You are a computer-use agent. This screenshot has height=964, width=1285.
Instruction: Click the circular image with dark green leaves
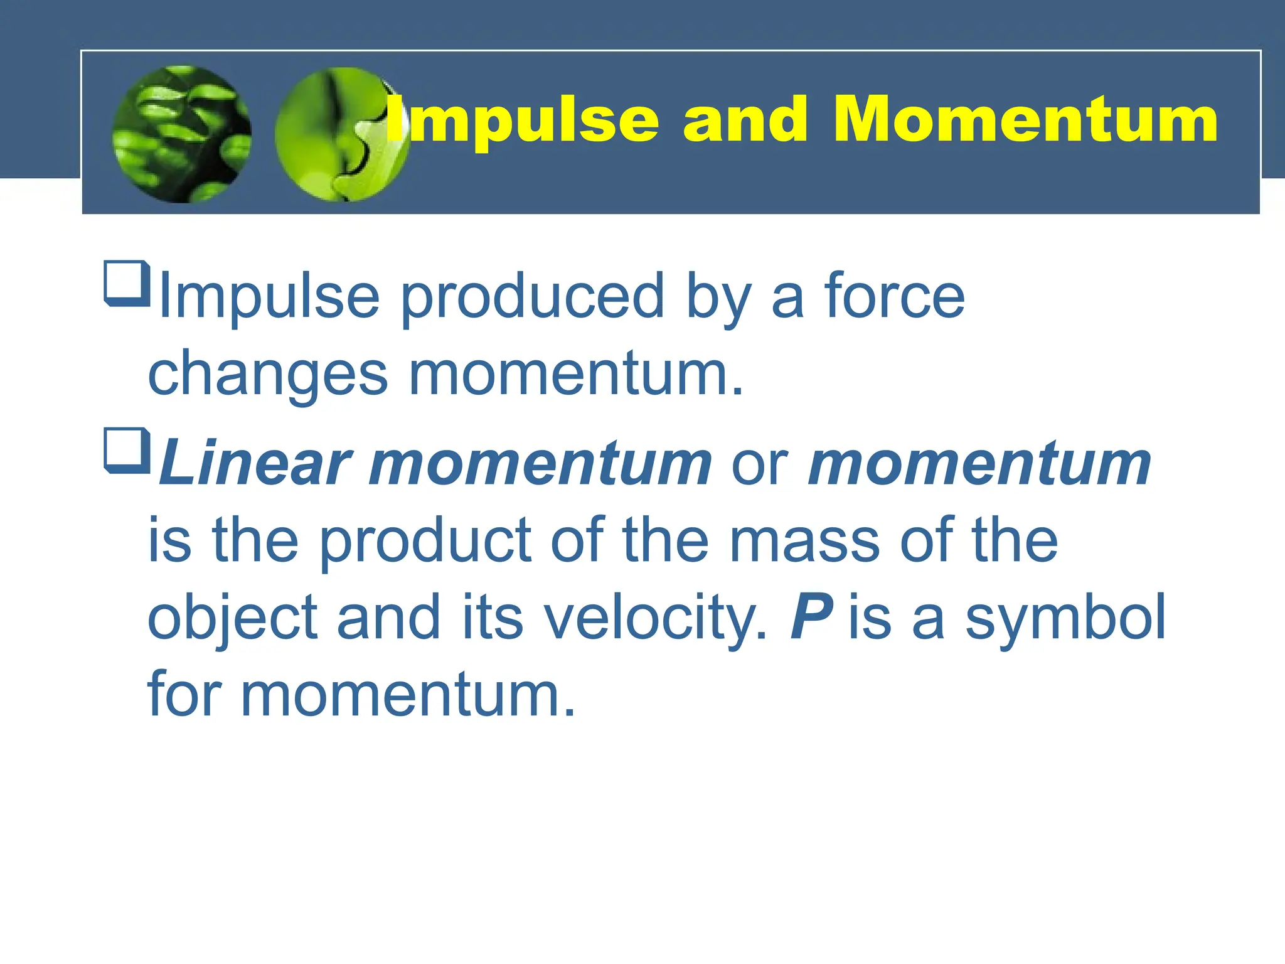point(182,134)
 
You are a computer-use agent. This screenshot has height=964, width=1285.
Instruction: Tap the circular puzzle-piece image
point(339,134)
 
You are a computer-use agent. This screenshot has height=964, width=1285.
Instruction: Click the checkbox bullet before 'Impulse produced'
point(127,283)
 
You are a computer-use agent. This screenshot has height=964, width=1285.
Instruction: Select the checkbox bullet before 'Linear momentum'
point(127,450)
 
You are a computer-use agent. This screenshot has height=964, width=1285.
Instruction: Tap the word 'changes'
point(268,375)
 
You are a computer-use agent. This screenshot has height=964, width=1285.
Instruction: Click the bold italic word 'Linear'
point(254,464)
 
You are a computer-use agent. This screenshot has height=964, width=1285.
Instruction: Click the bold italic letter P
point(811,618)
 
